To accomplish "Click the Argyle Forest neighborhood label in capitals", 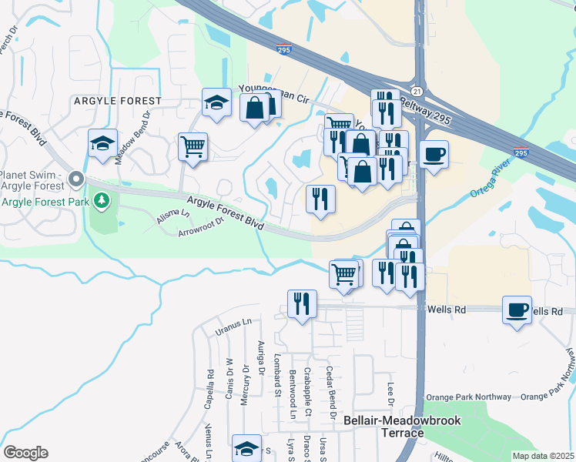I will pyautogui.click(x=118, y=101).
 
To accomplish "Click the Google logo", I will pyautogui.click(x=26, y=452).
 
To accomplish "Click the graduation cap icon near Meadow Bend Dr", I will pyautogui.click(x=102, y=143).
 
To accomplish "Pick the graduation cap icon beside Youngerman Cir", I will pyautogui.click(x=217, y=102).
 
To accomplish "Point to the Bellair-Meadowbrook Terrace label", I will pyautogui.click(x=384, y=427).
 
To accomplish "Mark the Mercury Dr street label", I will pyautogui.click(x=246, y=379).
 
